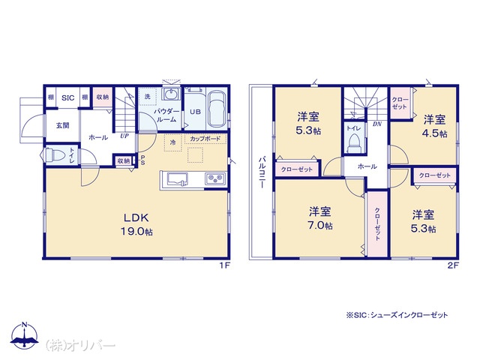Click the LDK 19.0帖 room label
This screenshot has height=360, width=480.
[x=136, y=224]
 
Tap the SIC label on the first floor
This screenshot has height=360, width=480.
[x=68, y=97]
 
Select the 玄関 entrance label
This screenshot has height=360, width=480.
[x=63, y=125]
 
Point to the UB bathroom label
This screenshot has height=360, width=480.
[x=195, y=112]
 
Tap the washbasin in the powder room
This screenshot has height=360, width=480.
[x=172, y=94]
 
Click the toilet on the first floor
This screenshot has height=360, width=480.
[x=55, y=155]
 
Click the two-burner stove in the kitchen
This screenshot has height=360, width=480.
[x=215, y=178]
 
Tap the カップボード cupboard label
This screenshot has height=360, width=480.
[x=205, y=139]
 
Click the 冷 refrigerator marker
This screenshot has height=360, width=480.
[x=173, y=142]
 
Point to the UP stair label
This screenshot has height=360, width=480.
[x=124, y=136]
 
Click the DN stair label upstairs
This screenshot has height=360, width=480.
[x=377, y=124]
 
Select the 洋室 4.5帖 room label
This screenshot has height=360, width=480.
[x=435, y=126]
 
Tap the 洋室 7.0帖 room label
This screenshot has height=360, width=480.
[x=320, y=218]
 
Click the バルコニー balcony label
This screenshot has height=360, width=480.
[x=262, y=172]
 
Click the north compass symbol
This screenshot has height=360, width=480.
[x=25, y=335]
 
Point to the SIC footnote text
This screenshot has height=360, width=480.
[x=397, y=315]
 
